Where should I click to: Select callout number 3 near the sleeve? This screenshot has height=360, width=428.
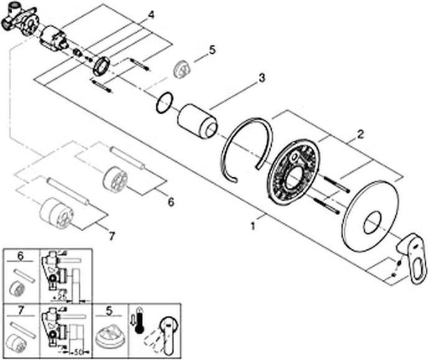tap(262, 78)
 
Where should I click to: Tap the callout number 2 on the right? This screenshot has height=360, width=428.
tap(359, 134)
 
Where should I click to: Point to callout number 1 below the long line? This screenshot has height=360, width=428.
tap(253, 227)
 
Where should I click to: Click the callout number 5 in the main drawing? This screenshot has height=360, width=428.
tap(212, 50)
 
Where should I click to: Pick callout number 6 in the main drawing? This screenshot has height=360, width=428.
tap(171, 202)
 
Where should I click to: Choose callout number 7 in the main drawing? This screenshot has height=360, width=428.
tap(112, 236)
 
